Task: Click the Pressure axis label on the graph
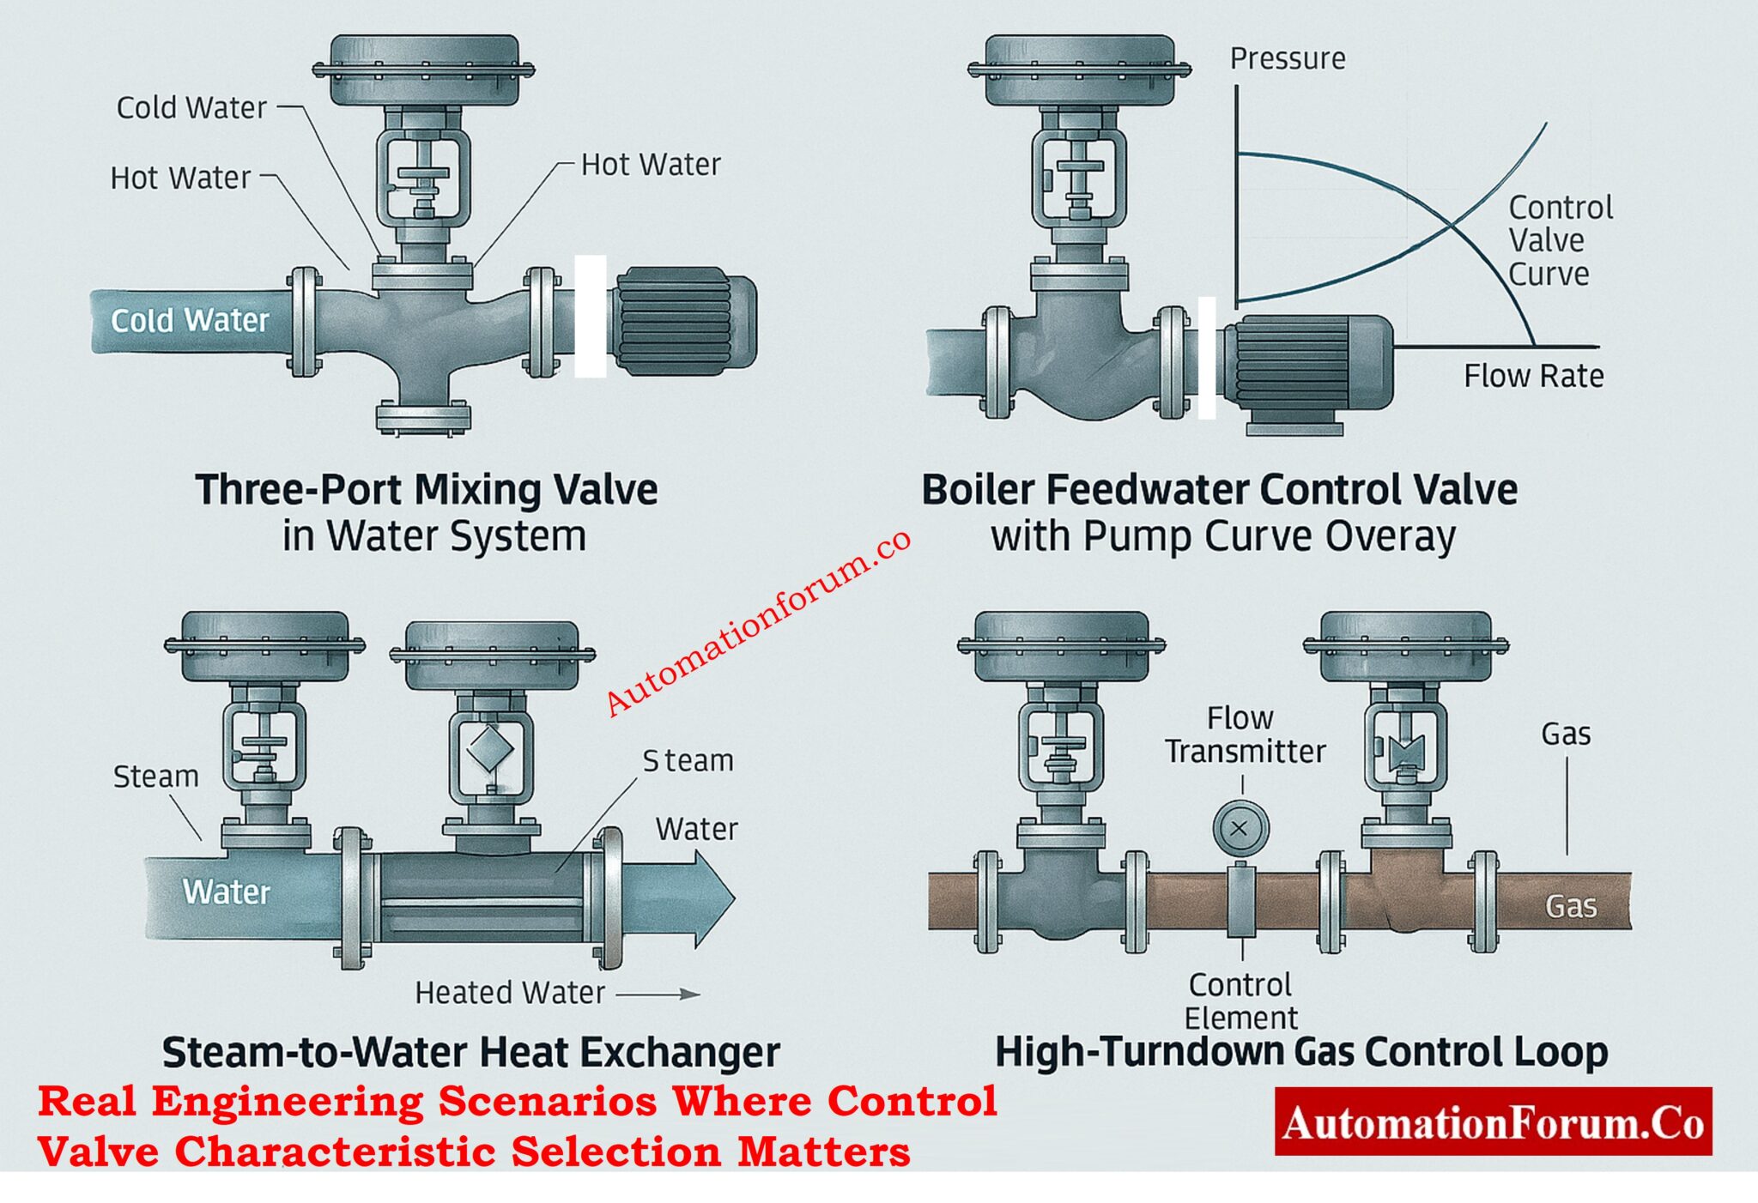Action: (x=1287, y=58)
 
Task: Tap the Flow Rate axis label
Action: (x=1533, y=376)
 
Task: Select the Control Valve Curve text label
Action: (x=1560, y=240)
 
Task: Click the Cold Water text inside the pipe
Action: (x=190, y=320)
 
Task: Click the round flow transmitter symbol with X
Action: (x=1240, y=828)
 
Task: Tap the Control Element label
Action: (x=1240, y=1000)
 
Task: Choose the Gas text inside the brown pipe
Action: (x=1571, y=906)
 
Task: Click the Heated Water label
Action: (x=510, y=993)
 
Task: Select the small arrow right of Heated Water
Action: (x=659, y=994)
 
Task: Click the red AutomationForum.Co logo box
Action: (x=1493, y=1122)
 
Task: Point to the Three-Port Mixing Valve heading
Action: (x=427, y=490)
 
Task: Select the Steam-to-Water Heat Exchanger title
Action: (x=471, y=1052)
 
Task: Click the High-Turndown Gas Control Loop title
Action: (x=1300, y=1052)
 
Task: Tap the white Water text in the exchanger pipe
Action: (x=226, y=892)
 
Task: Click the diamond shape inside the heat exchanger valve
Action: (x=490, y=748)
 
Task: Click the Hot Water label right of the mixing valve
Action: (x=651, y=164)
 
